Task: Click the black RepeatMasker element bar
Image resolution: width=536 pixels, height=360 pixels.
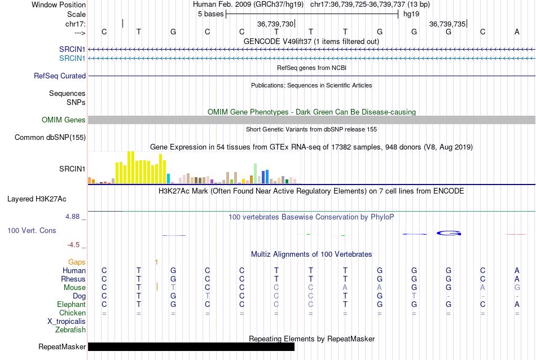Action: click(191, 346)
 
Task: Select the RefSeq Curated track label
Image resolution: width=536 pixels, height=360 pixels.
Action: click(60, 76)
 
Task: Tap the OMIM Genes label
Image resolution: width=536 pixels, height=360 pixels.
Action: click(63, 120)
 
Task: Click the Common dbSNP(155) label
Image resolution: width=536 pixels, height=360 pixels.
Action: click(50, 137)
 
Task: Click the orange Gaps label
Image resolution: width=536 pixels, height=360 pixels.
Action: click(77, 262)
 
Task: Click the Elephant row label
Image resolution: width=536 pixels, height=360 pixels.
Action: click(71, 304)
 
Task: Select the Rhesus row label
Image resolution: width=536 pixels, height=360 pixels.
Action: click(73, 279)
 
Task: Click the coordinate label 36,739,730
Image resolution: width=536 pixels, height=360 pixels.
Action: click(275, 24)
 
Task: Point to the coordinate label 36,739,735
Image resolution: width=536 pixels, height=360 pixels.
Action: click(447, 24)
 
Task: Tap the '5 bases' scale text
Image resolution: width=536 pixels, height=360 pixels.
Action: click(209, 14)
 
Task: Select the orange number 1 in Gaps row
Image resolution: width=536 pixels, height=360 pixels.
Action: click(156, 262)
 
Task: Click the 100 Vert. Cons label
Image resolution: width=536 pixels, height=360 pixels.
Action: click(32, 230)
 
